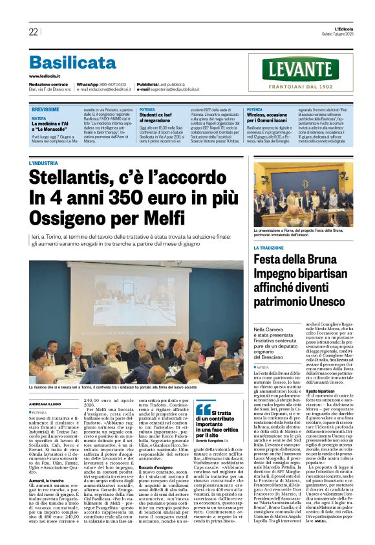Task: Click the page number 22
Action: coord(33,32)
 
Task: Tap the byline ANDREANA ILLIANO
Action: coord(45,404)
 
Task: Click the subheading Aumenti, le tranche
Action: coord(47,480)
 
